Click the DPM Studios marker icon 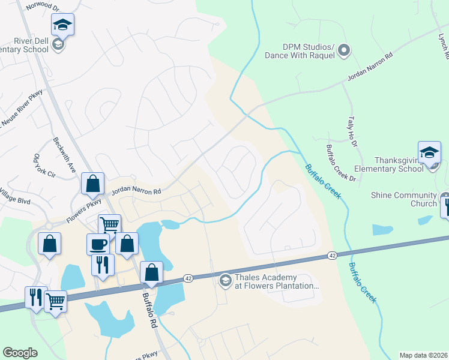[x=343, y=50]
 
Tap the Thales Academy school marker [x=225, y=280]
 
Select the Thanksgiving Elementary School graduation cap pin [x=429, y=154]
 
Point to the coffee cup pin [x=98, y=245]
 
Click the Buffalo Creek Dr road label [x=340, y=163]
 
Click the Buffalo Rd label [x=149, y=310]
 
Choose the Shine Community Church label [x=403, y=200]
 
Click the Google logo [x=20, y=352]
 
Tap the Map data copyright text [x=423, y=355]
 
